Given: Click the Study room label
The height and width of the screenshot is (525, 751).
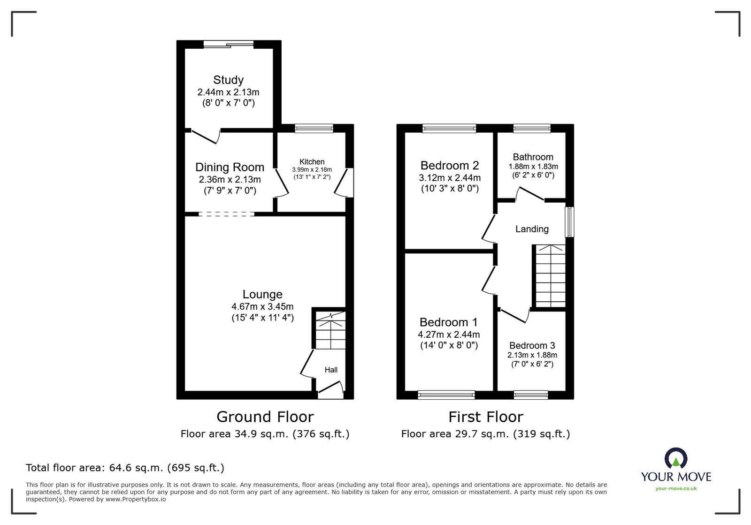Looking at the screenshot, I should [228, 80].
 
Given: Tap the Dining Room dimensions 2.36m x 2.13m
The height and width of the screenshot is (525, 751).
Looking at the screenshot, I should [230, 179].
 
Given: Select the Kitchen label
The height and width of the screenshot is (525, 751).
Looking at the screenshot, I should [312, 162].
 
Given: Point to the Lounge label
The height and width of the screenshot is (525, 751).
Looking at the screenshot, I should [262, 294].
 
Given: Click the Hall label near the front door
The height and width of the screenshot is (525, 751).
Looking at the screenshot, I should [331, 370].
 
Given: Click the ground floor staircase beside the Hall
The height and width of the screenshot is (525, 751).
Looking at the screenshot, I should [330, 331].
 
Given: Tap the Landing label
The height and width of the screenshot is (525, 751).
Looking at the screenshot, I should [532, 229].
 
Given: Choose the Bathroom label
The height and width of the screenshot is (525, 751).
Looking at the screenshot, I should [533, 157].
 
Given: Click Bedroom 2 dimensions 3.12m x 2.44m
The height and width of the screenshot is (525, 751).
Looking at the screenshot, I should [450, 178].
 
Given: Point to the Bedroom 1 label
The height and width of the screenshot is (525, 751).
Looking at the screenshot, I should [448, 322].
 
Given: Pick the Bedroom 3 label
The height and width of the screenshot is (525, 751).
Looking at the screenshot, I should [532, 346].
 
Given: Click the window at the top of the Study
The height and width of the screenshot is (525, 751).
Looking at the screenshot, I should [229, 45].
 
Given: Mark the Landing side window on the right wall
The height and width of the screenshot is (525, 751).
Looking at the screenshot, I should [569, 221].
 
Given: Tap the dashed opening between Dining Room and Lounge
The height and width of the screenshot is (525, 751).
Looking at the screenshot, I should [226, 214].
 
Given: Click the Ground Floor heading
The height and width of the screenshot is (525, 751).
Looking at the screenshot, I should [265, 417].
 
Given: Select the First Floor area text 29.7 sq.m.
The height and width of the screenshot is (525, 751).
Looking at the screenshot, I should [485, 434].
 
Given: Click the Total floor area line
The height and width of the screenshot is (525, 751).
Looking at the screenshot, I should [125, 468].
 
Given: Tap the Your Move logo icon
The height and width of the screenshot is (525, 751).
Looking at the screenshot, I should [676, 459].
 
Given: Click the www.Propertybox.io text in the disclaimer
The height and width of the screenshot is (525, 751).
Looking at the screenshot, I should [135, 499].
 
